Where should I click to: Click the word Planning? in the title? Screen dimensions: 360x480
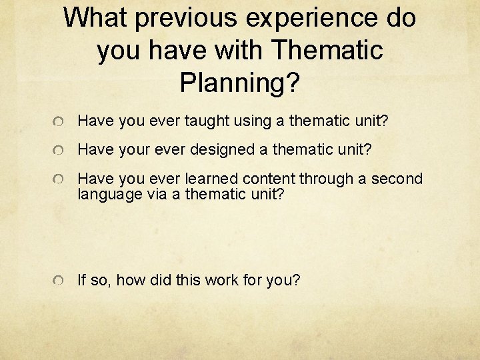(240, 83)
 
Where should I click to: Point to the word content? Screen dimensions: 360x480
(269, 179)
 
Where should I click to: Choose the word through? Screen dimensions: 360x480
(327, 179)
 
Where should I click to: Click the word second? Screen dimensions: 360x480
(397, 179)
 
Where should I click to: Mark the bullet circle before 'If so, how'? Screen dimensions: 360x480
(59, 281)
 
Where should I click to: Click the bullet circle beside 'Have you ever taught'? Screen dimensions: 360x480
(59, 122)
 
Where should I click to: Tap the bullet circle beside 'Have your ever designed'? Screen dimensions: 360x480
(59, 151)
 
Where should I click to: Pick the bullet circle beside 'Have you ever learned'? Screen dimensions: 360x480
(59, 180)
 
